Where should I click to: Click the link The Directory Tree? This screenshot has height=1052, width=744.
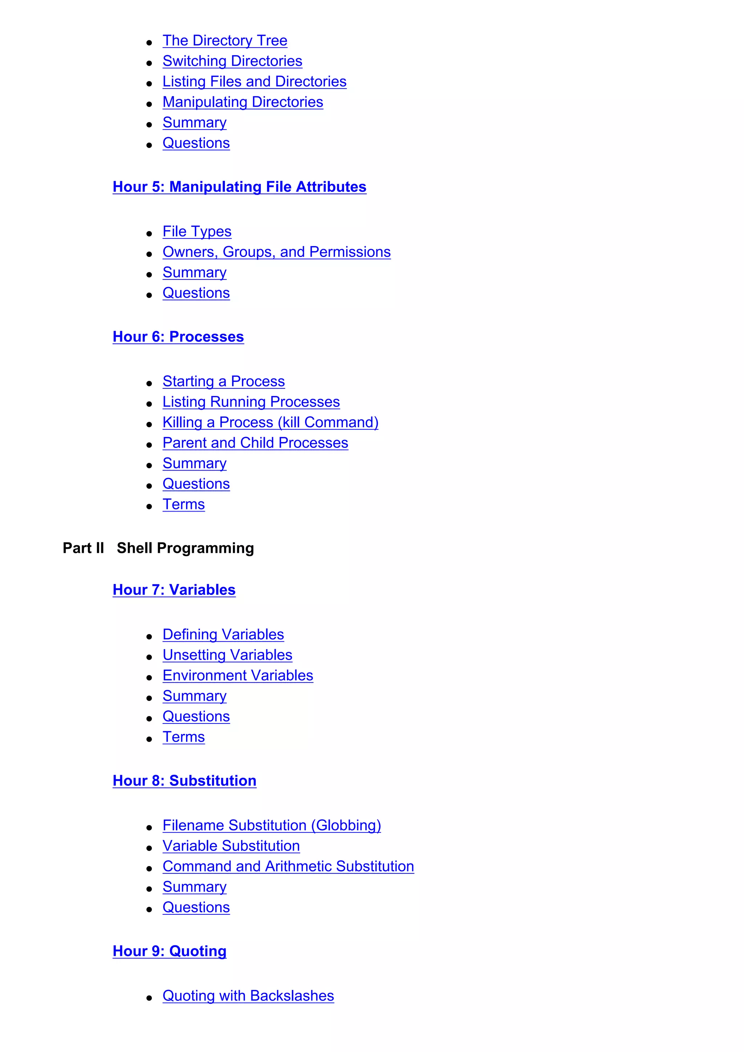point(225,41)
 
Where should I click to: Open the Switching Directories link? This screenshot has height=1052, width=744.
point(232,61)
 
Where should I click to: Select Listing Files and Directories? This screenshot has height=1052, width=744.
point(254,82)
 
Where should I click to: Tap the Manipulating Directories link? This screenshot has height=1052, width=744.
point(243,102)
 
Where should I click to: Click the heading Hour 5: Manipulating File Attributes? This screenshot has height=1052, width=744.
point(239,187)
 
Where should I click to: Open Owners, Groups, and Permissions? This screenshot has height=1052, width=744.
point(276,252)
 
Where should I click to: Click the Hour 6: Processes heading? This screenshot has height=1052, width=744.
point(178,337)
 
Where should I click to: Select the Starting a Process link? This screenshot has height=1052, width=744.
point(223,381)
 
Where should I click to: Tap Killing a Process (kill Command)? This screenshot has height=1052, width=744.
point(270,423)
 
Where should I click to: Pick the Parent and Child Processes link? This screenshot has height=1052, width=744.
point(255,443)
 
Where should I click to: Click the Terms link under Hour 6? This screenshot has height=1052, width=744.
point(183,505)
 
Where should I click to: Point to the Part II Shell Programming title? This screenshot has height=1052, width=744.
point(158,548)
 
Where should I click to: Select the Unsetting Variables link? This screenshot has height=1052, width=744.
point(227,655)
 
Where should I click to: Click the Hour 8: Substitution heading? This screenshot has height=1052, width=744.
point(184,781)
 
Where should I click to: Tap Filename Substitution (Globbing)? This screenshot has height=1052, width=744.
point(271,825)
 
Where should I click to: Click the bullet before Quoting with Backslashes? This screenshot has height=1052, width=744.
point(149,998)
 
